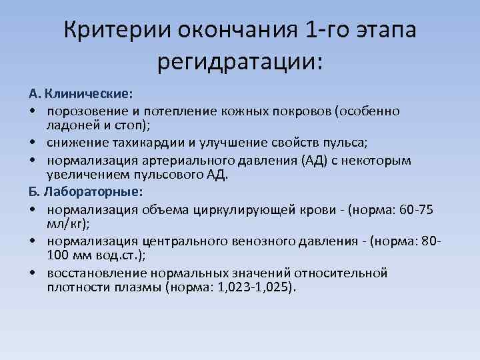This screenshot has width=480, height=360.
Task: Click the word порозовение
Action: (81, 111)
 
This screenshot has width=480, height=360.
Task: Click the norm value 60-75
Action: (416, 210)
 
